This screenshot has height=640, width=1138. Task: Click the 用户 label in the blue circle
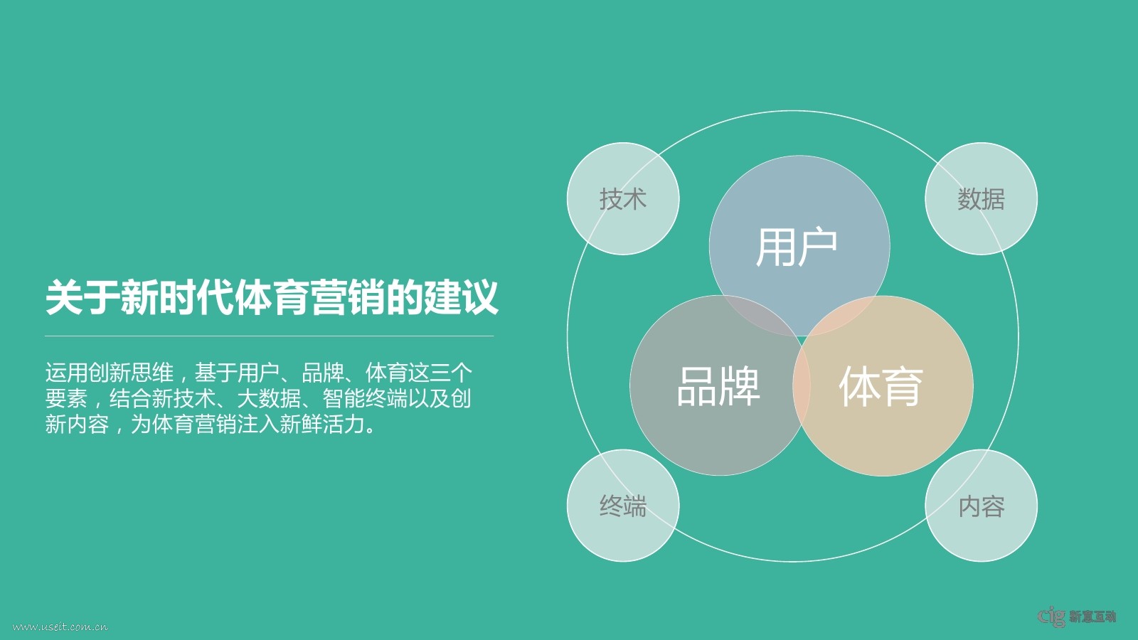(x=796, y=247)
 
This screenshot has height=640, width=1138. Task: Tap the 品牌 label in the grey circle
(x=718, y=386)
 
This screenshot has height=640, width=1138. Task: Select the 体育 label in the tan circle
(x=881, y=387)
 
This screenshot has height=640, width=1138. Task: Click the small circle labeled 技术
(x=623, y=198)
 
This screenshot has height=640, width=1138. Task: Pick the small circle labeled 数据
(x=981, y=198)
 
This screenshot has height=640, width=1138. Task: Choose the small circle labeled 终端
(x=623, y=506)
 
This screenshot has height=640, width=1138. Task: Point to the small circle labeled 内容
(x=981, y=506)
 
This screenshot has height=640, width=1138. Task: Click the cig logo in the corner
(x=1077, y=617)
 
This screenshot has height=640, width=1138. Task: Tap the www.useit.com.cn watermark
(x=60, y=627)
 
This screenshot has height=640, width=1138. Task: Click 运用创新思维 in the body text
(x=110, y=373)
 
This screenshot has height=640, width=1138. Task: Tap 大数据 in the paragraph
(x=269, y=399)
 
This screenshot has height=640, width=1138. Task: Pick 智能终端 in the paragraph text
(x=365, y=399)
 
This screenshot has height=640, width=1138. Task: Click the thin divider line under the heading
(x=270, y=336)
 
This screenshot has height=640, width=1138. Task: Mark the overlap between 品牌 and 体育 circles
(x=802, y=386)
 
